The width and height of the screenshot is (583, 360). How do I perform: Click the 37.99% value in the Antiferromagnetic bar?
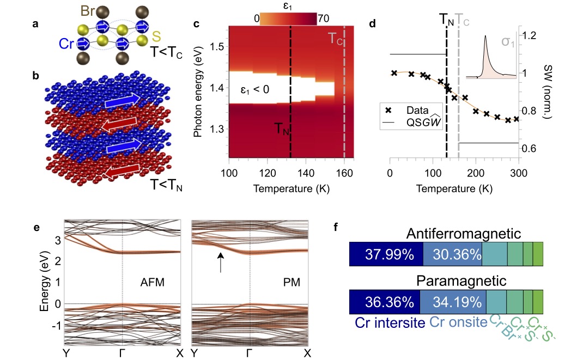386,255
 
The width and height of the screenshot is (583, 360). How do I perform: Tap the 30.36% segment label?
452,255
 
